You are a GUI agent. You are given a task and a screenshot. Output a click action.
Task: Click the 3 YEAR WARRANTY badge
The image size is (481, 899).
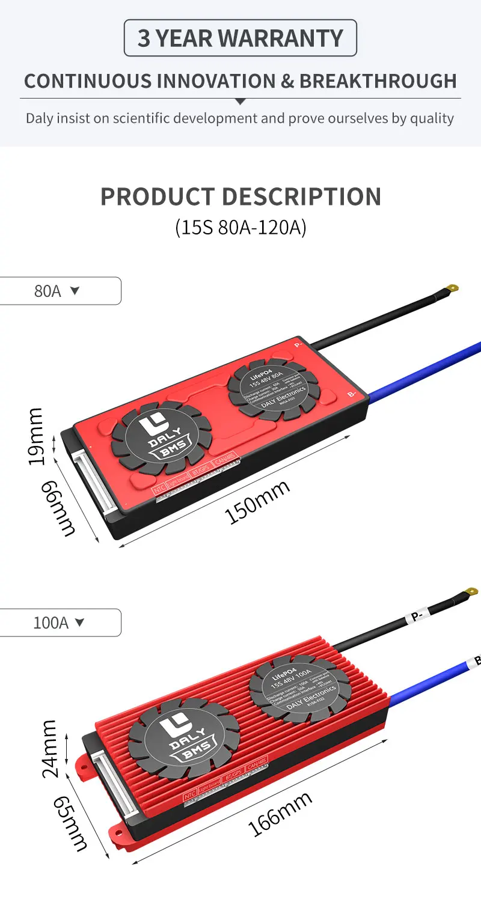pos(240,38)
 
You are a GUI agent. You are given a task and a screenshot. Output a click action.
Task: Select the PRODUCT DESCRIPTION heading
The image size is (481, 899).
pos(240,197)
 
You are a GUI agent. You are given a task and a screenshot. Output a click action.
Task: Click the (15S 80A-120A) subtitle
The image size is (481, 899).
pos(240,228)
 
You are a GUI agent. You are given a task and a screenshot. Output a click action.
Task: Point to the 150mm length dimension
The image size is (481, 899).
pos(257,502)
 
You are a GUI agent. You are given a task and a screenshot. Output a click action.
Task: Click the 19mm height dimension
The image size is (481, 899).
pos(36,436)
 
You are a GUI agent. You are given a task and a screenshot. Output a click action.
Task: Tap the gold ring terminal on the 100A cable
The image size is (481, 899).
pos(471,593)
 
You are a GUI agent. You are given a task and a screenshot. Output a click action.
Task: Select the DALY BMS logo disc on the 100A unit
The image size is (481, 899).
pos(183,739)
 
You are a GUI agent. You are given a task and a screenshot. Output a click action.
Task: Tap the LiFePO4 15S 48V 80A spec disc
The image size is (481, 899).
pos(274,390)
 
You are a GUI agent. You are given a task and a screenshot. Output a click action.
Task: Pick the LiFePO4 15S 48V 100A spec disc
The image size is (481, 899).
pos(300,688)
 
